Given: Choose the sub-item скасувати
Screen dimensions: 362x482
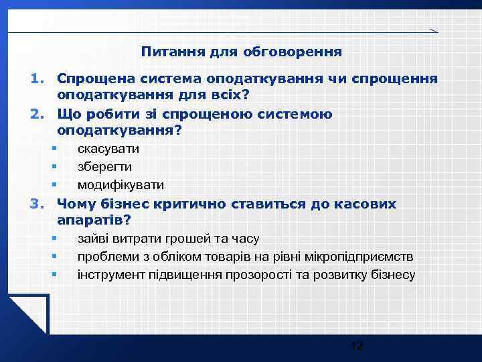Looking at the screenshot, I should [x=108, y=149].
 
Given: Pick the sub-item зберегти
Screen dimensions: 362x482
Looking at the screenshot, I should [x=104, y=167].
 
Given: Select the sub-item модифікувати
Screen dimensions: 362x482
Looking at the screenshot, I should [x=120, y=185].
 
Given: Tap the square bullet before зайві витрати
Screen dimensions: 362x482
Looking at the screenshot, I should [x=53, y=239].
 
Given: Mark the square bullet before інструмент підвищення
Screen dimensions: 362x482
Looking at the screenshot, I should [x=53, y=275].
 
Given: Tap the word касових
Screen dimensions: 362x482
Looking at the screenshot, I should [x=368, y=204].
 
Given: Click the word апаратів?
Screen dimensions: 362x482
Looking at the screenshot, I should [x=94, y=221].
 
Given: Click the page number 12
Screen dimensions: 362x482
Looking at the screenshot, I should [x=357, y=346].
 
